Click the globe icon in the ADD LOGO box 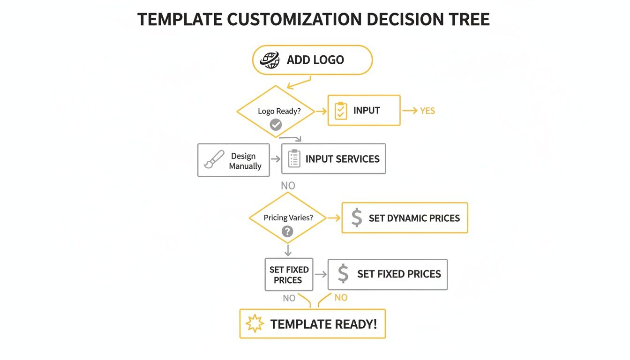point(270,60)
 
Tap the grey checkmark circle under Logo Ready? point(276,125)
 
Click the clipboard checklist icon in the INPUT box point(341,111)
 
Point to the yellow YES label point(427,111)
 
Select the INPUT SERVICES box point(333,159)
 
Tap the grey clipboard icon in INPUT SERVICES point(294,159)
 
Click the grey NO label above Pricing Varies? point(288,186)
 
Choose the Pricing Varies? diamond point(287,218)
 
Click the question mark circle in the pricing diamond point(287,231)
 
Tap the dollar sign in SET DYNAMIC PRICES point(357,218)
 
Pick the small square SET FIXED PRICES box point(289,275)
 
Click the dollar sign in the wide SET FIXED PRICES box point(343,274)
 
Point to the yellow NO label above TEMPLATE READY point(341,298)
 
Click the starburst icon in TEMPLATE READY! point(255,324)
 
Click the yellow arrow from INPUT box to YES point(409,111)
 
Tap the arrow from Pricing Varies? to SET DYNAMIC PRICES point(333,218)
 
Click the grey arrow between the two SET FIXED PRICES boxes point(321,275)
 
